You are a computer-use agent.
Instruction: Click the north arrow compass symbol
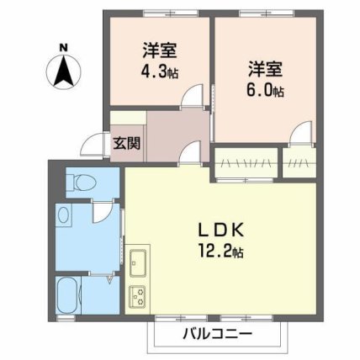(x=64, y=71)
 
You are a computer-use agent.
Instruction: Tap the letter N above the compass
(x=64, y=47)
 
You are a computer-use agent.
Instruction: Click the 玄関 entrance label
(x=126, y=144)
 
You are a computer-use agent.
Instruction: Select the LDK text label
(x=220, y=230)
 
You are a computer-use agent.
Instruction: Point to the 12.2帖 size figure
(x=220, y=251)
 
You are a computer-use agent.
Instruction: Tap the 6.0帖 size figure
(x=265, y=90)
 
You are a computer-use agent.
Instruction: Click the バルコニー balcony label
(x=218, y=334)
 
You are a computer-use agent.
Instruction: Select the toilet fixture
(x=81, y=183)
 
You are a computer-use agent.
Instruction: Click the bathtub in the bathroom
(x=68, y=295)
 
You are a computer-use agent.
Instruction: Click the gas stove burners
(x=137, y=296)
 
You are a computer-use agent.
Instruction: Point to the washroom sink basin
(x=64, y=215)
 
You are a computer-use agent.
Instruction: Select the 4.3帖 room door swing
(x=191, y=96)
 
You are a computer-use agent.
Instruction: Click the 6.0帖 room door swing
(x=301, y=132)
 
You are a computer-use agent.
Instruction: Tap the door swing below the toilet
(x=103, y=212)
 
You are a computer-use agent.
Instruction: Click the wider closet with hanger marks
(x=246, y=162)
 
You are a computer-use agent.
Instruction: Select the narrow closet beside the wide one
(x=299, y=162)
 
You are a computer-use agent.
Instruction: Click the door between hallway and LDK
(x=191, y=152)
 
